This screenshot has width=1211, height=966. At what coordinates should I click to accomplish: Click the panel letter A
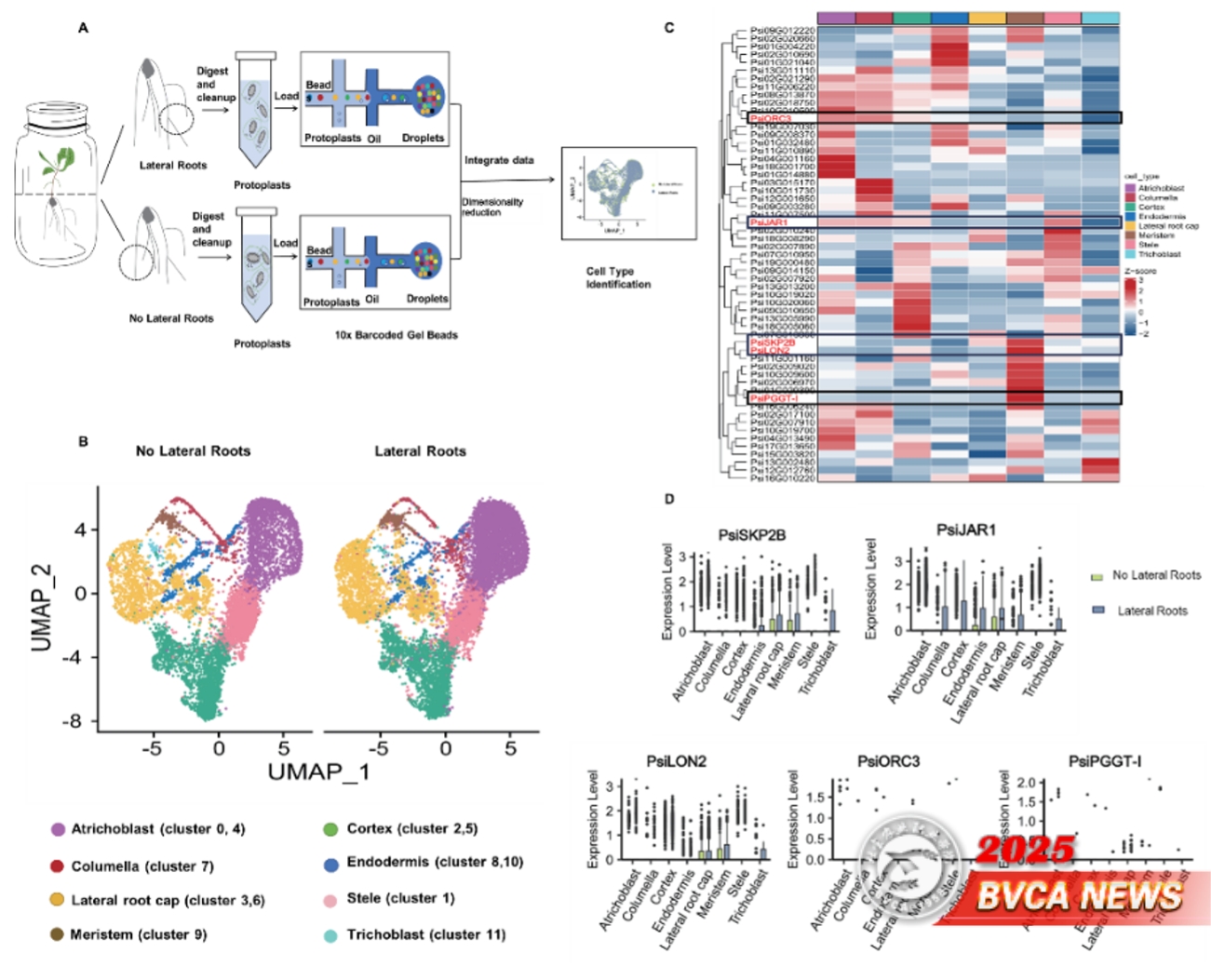pos(83,28)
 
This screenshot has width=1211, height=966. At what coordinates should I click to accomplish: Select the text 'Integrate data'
pos(499,160)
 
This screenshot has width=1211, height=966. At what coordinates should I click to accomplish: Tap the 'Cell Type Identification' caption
pos(618,277)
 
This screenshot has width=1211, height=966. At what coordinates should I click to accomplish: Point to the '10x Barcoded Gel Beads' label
pos(396,335)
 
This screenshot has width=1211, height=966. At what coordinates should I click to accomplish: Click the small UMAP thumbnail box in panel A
pos(628,193)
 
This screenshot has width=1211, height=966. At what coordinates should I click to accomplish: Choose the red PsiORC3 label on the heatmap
pos(771,119)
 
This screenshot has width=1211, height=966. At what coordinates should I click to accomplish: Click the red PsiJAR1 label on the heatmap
pos(769,222)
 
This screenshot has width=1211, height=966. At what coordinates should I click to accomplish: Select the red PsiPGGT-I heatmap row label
pos(774,398)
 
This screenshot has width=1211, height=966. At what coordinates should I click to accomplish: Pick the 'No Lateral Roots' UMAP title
pos(193,451)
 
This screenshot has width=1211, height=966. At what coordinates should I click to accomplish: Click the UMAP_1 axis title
pos(318,771)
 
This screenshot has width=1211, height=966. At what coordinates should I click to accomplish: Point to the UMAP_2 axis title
pos(42,607)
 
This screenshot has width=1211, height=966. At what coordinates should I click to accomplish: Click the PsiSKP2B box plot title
pos(751,535)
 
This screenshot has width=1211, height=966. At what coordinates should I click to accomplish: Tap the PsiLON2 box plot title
pos(676,761)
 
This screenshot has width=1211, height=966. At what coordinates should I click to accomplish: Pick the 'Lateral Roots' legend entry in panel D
pos(1151,610)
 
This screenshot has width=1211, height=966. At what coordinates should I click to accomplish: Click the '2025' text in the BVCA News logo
pos(1025,850)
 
